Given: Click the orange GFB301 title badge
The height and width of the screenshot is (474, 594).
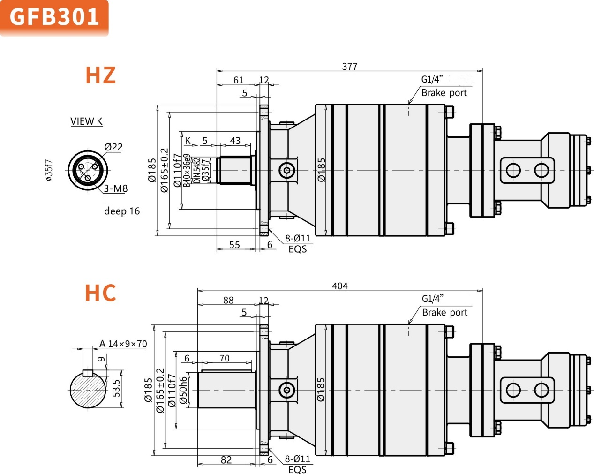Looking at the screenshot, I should (54, 17).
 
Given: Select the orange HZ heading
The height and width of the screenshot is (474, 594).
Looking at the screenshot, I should (100, 75).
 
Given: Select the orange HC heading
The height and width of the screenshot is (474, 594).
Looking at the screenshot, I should (100, 293).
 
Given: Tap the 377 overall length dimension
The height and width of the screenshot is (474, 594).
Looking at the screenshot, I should (350, 67).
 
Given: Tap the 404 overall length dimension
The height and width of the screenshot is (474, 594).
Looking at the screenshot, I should (340, 286).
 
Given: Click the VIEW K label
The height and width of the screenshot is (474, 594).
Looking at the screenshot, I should (86, 121).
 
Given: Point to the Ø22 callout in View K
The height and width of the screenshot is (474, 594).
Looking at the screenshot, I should (113, 147).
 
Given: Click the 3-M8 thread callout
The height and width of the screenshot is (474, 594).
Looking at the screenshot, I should (116, 188).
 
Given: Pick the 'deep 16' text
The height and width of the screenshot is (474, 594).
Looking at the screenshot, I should (122, 211).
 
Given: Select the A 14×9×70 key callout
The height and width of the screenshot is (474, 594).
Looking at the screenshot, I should (123, 344).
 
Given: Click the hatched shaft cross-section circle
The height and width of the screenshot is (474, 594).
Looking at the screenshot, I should (88, 390).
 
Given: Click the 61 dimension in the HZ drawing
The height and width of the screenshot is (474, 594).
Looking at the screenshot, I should (239, 80).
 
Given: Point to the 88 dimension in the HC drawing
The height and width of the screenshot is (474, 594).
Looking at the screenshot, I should (228, 300).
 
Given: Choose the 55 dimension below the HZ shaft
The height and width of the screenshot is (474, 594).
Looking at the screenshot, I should (234, 245).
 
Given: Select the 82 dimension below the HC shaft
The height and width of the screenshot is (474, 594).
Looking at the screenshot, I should (226, 460).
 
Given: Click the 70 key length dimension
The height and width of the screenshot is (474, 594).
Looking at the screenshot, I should (225, 358).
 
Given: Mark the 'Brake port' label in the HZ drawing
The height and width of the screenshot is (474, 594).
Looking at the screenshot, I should (444, 93).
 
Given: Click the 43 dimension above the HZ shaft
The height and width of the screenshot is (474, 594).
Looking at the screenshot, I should (235, 141).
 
